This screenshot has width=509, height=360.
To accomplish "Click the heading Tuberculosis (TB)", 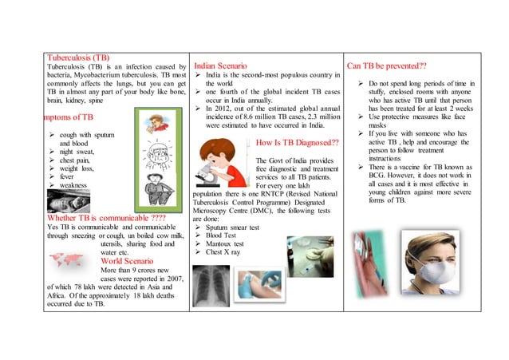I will point(78,57).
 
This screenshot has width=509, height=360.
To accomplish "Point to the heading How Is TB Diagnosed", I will point(298,144).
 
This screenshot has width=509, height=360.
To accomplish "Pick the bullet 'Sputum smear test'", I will point(232,227).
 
